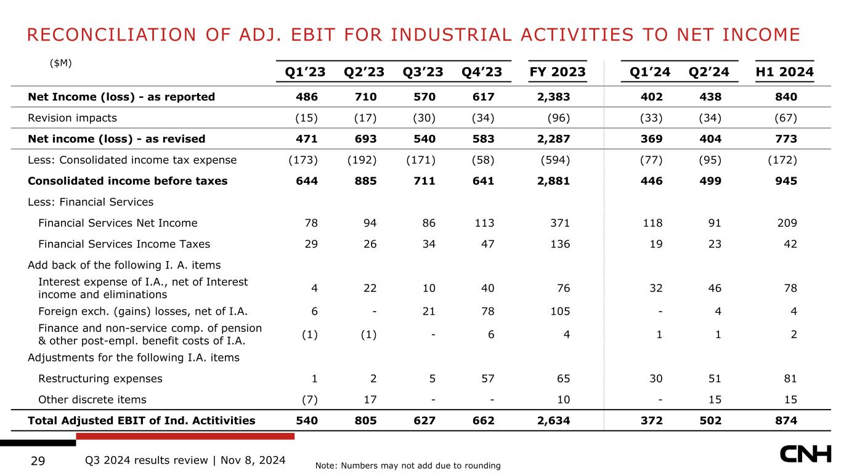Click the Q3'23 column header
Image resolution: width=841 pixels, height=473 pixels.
click(x=423, y=71)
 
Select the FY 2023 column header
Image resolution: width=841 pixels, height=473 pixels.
click(x=558, y=71)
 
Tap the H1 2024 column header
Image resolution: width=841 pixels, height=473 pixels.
click(x=785, y=71)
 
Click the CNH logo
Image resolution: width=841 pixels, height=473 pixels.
click(x=805, y=454)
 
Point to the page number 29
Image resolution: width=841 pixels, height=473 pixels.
click(x=38, y=461)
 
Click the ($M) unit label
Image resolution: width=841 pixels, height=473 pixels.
click(x=60, y=63)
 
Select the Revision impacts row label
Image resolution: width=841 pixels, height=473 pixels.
click(x=72, y=118)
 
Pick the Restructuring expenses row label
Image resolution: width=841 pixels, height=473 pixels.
click(x=100, y=378)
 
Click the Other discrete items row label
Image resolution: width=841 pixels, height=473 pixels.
click(x=92, y=400)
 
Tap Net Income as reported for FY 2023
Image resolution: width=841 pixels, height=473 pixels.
click(x=553, y=97)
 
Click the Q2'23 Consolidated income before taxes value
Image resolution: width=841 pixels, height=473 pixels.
click(x=366, y=181)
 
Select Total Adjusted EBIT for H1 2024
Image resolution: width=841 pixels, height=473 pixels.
click(x=786, y=421)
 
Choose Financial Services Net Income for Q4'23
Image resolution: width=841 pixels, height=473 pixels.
click(x=484, y=223)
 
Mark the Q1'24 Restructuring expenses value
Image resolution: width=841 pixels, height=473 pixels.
click(x=656, y=378)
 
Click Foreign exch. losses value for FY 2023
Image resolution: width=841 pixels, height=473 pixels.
click(x=560, y=311)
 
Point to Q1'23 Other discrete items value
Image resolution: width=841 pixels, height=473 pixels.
click(x=310, y=400)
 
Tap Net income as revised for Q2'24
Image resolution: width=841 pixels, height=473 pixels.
click(x=710, y=139)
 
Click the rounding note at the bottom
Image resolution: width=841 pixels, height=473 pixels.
click(x=408, y=466)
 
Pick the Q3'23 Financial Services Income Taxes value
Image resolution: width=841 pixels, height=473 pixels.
click(x=429, y=244)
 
